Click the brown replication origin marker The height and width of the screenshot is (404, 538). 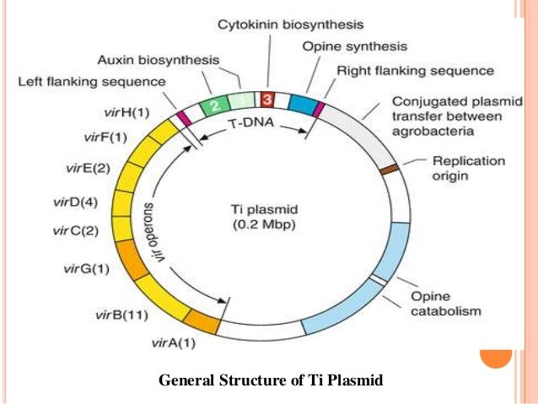tap(389, 169)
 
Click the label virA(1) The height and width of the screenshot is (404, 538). tap(173, 342)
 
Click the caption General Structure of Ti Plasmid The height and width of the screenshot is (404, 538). tap(271, 381)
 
